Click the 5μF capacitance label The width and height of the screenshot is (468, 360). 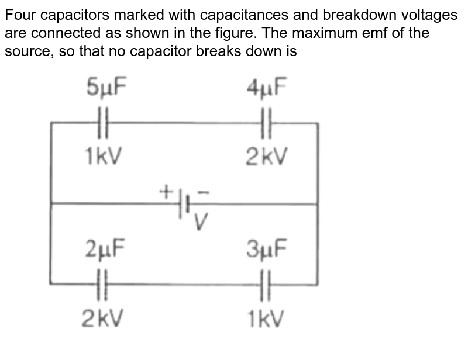click(x=105, y=89)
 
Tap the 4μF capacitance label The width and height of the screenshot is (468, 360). click(x=267, y=89)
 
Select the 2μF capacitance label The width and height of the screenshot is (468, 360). click(x=104, y=250)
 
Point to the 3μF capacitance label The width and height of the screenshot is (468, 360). click(x=267, y=250)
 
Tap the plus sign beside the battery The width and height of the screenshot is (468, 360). click(x=167, y=191)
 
